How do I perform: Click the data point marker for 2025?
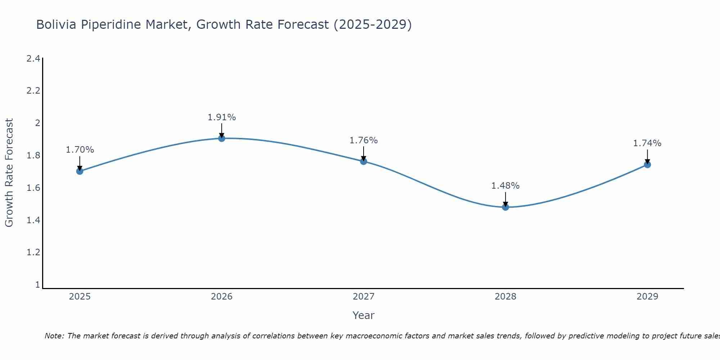[x=80, y=171]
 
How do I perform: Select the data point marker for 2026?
[x=222, y=138]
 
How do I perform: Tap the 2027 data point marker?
[x=364, y=161]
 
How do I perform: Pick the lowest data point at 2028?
[x=505, y=207]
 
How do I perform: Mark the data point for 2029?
[x=647, y=165]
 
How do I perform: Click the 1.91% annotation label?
[x=222, y=117]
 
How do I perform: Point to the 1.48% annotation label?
[x=505, y=186]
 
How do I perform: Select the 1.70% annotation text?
[x=80, y=150]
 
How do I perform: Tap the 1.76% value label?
[x=364, y=140]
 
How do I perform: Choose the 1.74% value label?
[x=647, y=143]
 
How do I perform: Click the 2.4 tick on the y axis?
[x=33, y=58]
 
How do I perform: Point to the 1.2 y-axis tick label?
[x=33, y=252]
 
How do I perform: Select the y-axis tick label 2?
[x=37, y=123]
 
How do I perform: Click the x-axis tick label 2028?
[x=505, y=297]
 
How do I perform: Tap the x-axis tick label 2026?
[x=222, y=297]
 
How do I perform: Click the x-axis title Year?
[x=363, y=315]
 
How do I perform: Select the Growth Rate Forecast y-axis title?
[x=9, y=172]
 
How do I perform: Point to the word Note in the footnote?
[x=54, y=336]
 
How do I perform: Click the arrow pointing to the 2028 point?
[x=505, y=199]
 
